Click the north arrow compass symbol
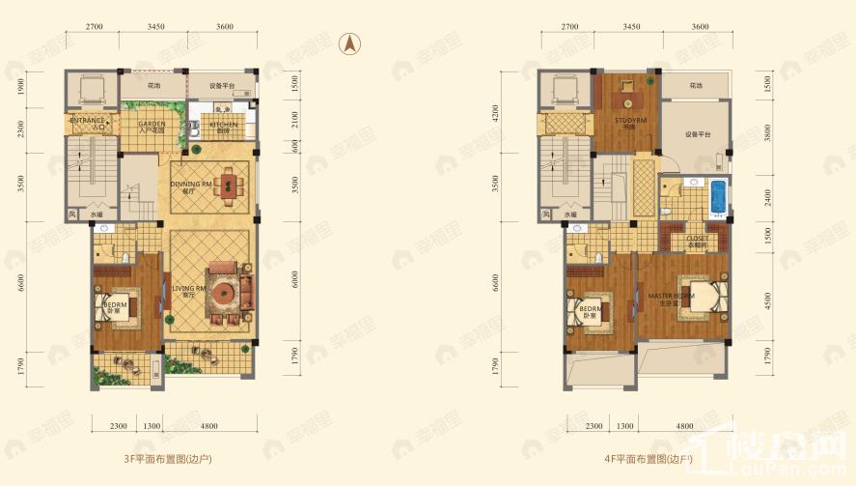point(349,43)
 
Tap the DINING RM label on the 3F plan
point(190,185)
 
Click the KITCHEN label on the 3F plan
point(224,126)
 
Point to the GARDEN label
point(152,126)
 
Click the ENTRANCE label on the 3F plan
point(88,122)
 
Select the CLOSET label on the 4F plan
point(697,239)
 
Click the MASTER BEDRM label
point(670,296)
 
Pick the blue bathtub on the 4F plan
point(717,197)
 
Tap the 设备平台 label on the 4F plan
point(698,135)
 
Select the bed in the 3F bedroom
point(118,308)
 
